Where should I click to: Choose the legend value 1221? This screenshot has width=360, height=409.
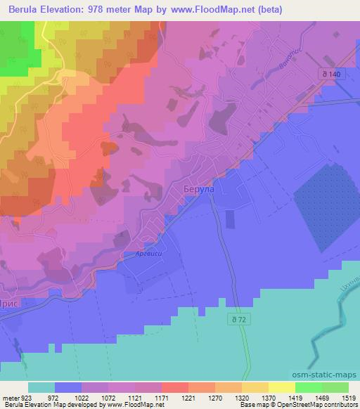[x=188, y=397]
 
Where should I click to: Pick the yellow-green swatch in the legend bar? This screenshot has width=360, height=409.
[x=282, y=387]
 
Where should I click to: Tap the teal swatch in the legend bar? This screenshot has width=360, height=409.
[x=41, y=387]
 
